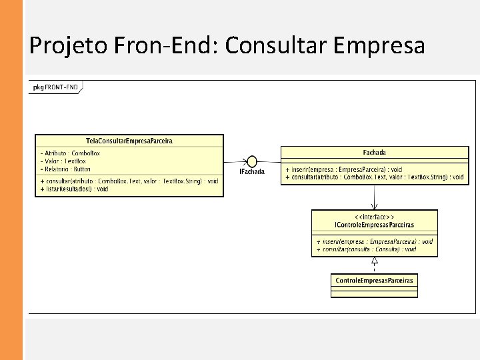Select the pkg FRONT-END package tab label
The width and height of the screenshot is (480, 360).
pos(55,87)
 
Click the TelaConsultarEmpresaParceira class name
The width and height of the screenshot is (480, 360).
pos(129,141)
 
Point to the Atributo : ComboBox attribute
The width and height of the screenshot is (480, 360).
pos(71,153)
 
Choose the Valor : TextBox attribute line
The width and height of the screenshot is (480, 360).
pos(64,161)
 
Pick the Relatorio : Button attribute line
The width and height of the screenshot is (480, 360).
pos(66,169)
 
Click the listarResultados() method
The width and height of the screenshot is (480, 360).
pos(75,189)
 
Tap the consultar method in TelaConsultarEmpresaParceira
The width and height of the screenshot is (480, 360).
pos(129,181)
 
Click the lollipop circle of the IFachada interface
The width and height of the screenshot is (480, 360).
pos(252,161)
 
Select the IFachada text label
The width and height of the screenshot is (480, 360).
pos(252,172)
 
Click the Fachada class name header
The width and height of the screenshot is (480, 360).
pos(374,153)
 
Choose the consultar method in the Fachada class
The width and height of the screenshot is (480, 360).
pos(374,177)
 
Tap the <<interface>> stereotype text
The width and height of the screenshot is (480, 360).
pos(374,217)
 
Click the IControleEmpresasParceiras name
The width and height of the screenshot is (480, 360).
pos(374,225)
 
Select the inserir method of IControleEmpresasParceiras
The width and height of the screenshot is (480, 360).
pos(374,241)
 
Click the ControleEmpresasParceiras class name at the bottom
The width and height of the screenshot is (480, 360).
pos(374,280)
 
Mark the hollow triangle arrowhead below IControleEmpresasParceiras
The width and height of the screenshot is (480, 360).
pos(375,261)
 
